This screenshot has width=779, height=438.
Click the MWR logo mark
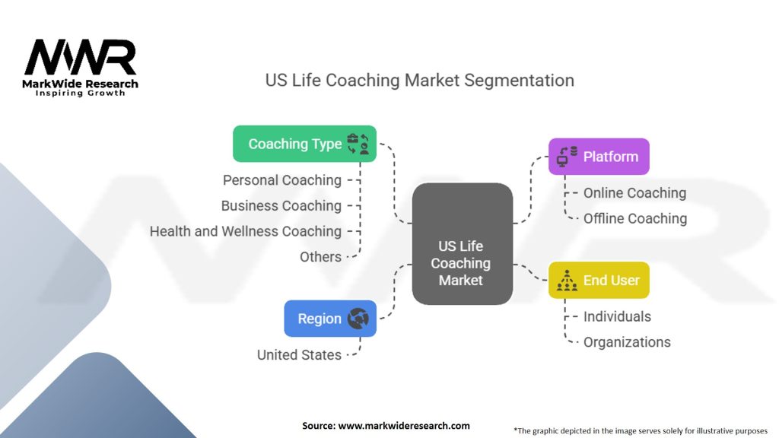pos(80,57)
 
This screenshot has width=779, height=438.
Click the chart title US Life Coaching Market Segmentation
pos(419,80)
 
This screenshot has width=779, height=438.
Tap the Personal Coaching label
pos(282,180)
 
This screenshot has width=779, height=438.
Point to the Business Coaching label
pos(281,206)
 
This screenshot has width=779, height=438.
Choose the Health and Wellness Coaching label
pos(246,231)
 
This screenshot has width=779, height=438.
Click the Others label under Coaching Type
pos(320,257)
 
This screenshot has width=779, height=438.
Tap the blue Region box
pos(330,319)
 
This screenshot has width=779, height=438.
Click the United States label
pos(299,354)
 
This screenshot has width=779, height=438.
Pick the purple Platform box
pos(599,157)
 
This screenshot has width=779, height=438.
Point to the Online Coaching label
pos(634,193)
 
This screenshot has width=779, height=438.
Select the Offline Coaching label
pos(635,219)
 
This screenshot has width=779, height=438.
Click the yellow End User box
pos(599,281)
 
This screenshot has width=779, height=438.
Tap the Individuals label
pos(617,316)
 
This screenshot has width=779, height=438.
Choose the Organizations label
pos(627,342)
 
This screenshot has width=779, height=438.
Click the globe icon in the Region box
pos(358,319)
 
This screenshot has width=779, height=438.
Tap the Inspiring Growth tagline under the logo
pos(81,93)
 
